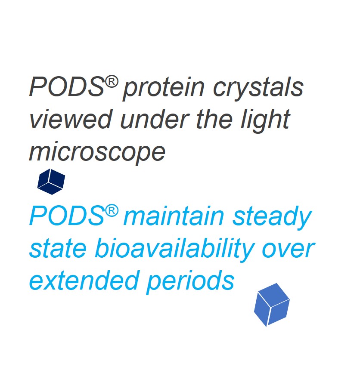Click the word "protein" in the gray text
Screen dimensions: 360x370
click(164, 89)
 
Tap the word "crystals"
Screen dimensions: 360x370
click(258, 89)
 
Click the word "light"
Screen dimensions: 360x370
click(265, 121)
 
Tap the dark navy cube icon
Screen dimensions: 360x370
click(51, 182)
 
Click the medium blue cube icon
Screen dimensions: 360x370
click(272, 305)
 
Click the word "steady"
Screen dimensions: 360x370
click(272, 218)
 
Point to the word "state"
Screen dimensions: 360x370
click(58, 249)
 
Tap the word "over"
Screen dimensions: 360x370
click(289, 250)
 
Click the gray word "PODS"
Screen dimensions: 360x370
click(67, 86)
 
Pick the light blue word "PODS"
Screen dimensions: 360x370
click(67, 216)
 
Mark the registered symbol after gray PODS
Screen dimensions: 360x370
click(112, 82)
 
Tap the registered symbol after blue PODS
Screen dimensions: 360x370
click(112, 211)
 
